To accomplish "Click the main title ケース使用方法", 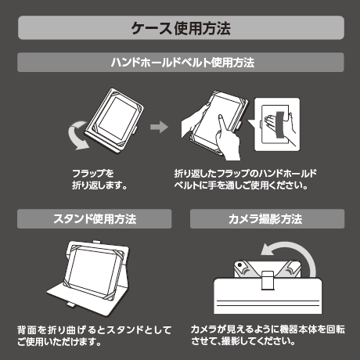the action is tap(181, 28).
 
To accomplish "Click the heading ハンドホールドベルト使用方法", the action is tap(182, 63).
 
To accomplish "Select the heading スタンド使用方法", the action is tap(95, 219).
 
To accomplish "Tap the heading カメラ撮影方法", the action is tap(265, 219).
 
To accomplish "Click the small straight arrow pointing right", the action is tap(159, 127).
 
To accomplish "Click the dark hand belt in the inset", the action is tap(280, 125).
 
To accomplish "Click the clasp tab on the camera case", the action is tap(268, 280).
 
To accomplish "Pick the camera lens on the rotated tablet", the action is tap(239, 265).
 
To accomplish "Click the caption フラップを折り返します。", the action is tap(99, 179).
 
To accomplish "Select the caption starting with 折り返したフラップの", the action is tap(245, 179).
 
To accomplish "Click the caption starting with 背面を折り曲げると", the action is tap(94, 336).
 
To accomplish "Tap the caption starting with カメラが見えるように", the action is tap(268, 335).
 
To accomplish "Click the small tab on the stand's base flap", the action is tap(70, 304).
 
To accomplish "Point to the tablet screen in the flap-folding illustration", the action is tap(118, 119).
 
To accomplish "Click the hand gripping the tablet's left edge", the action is tap(194, 119).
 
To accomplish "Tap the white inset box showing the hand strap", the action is tap(277, 124).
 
